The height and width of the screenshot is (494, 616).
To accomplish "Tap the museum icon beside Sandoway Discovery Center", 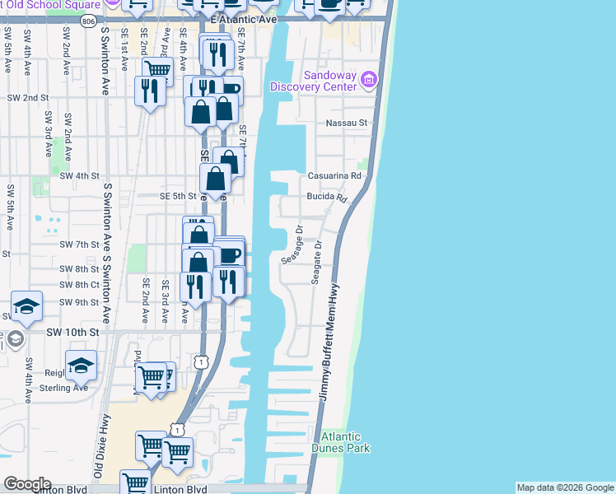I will (x=368, y=79).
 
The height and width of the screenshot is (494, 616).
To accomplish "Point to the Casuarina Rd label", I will (x=334, y=175).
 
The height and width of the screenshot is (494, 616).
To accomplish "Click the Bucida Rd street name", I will (x=328, y=198).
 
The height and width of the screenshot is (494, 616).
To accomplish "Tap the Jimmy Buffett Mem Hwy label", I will (x=330, y=343).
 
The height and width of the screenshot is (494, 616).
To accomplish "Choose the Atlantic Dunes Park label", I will (x=346, y=442).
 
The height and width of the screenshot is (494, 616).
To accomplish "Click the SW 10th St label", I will (x=72, y=331).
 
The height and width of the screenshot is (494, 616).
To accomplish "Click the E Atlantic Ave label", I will (x=240, y=18).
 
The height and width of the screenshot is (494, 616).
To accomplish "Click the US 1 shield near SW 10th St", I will (x=199, y=361).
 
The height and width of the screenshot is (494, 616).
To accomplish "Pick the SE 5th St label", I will (x=178, y=196).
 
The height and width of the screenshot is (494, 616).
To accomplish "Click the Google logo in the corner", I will (x=26, y=484).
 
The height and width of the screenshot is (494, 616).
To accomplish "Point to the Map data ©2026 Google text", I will (x=565, y=487).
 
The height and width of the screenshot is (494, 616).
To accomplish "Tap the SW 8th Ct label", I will (x=79, y=285).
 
